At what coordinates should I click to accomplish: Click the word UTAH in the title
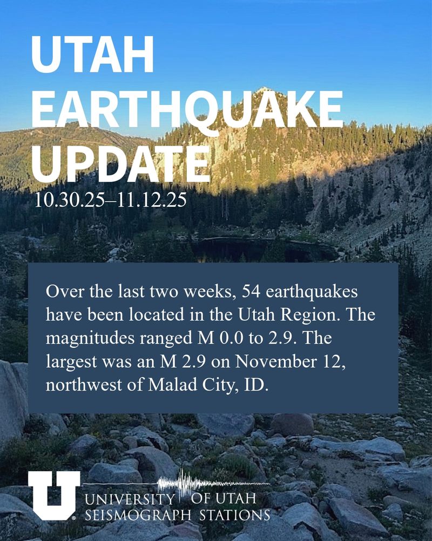tap(93, 55)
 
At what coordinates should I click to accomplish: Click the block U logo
tap(53, 494)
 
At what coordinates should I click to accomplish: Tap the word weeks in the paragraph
tap(211, 292)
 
